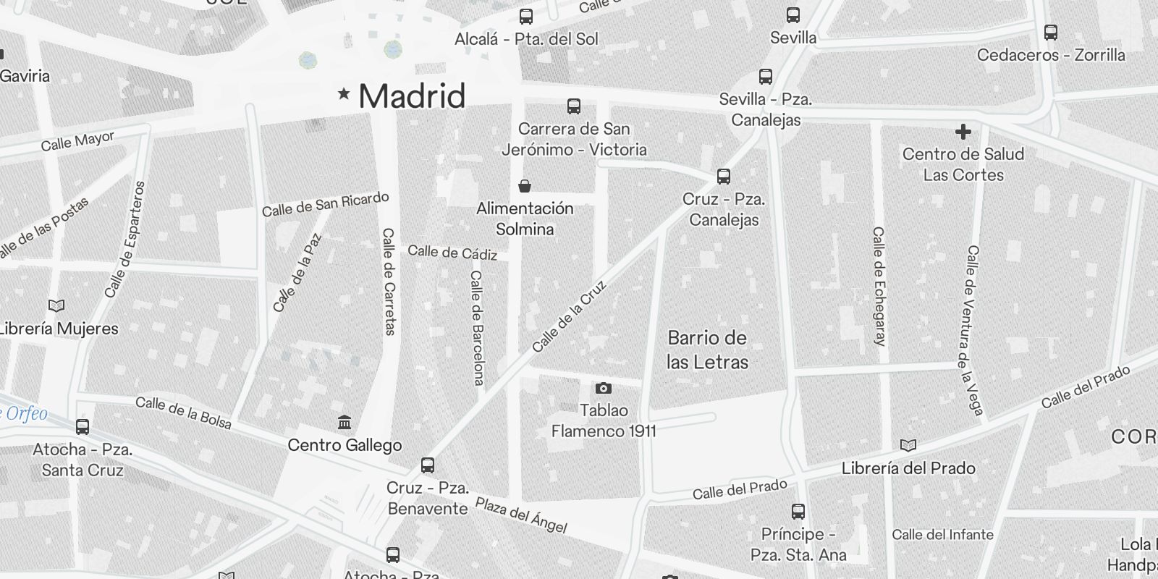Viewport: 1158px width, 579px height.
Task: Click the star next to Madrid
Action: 345,93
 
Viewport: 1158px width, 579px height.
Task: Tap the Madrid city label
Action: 412,96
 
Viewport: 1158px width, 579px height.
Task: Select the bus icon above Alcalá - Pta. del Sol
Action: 526,16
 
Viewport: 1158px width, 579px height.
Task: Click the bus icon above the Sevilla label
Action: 793,14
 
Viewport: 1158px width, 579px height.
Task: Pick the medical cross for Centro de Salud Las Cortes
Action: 963,132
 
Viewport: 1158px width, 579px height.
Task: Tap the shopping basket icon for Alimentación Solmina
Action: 525,187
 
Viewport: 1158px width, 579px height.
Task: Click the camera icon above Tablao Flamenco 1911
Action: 603,389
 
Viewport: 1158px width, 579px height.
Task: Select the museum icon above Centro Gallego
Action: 345,422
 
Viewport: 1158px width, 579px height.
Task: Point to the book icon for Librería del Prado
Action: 908,445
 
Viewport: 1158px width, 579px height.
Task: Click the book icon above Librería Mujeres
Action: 56,305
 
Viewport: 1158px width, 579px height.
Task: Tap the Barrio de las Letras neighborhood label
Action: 707,350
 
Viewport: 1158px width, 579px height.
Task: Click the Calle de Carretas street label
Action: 389,282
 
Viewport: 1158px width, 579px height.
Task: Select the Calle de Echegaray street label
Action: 879,286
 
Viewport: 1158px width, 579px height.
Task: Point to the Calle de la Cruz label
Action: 569,316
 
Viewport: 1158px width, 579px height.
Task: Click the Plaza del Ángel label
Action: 520,515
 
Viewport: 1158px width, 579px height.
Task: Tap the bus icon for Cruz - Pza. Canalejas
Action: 723,176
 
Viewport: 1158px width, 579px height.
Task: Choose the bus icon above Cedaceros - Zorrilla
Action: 1050,32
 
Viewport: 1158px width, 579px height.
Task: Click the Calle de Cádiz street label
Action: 452,253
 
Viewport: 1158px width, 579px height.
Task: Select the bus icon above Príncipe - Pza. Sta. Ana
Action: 798,512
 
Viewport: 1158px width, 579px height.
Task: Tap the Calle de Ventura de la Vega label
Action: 974,330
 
